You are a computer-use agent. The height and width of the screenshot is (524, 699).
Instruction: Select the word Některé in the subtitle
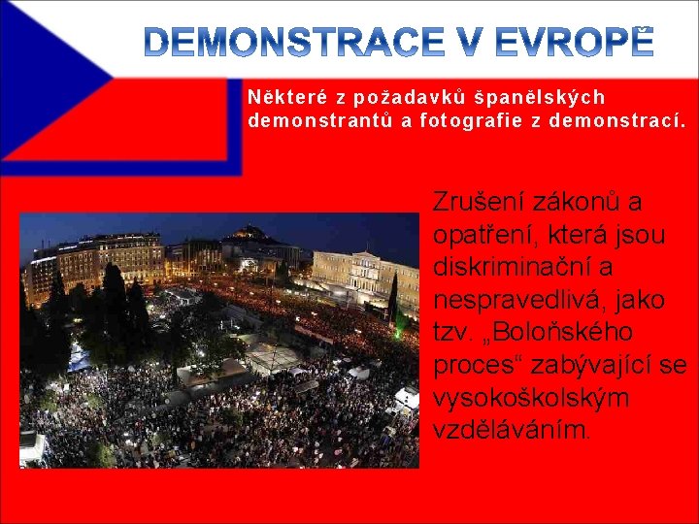pos(287,98)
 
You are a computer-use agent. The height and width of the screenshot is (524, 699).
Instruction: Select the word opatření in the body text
pos(481,235)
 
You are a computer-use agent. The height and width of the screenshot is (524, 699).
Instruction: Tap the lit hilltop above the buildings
pos(251,234)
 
